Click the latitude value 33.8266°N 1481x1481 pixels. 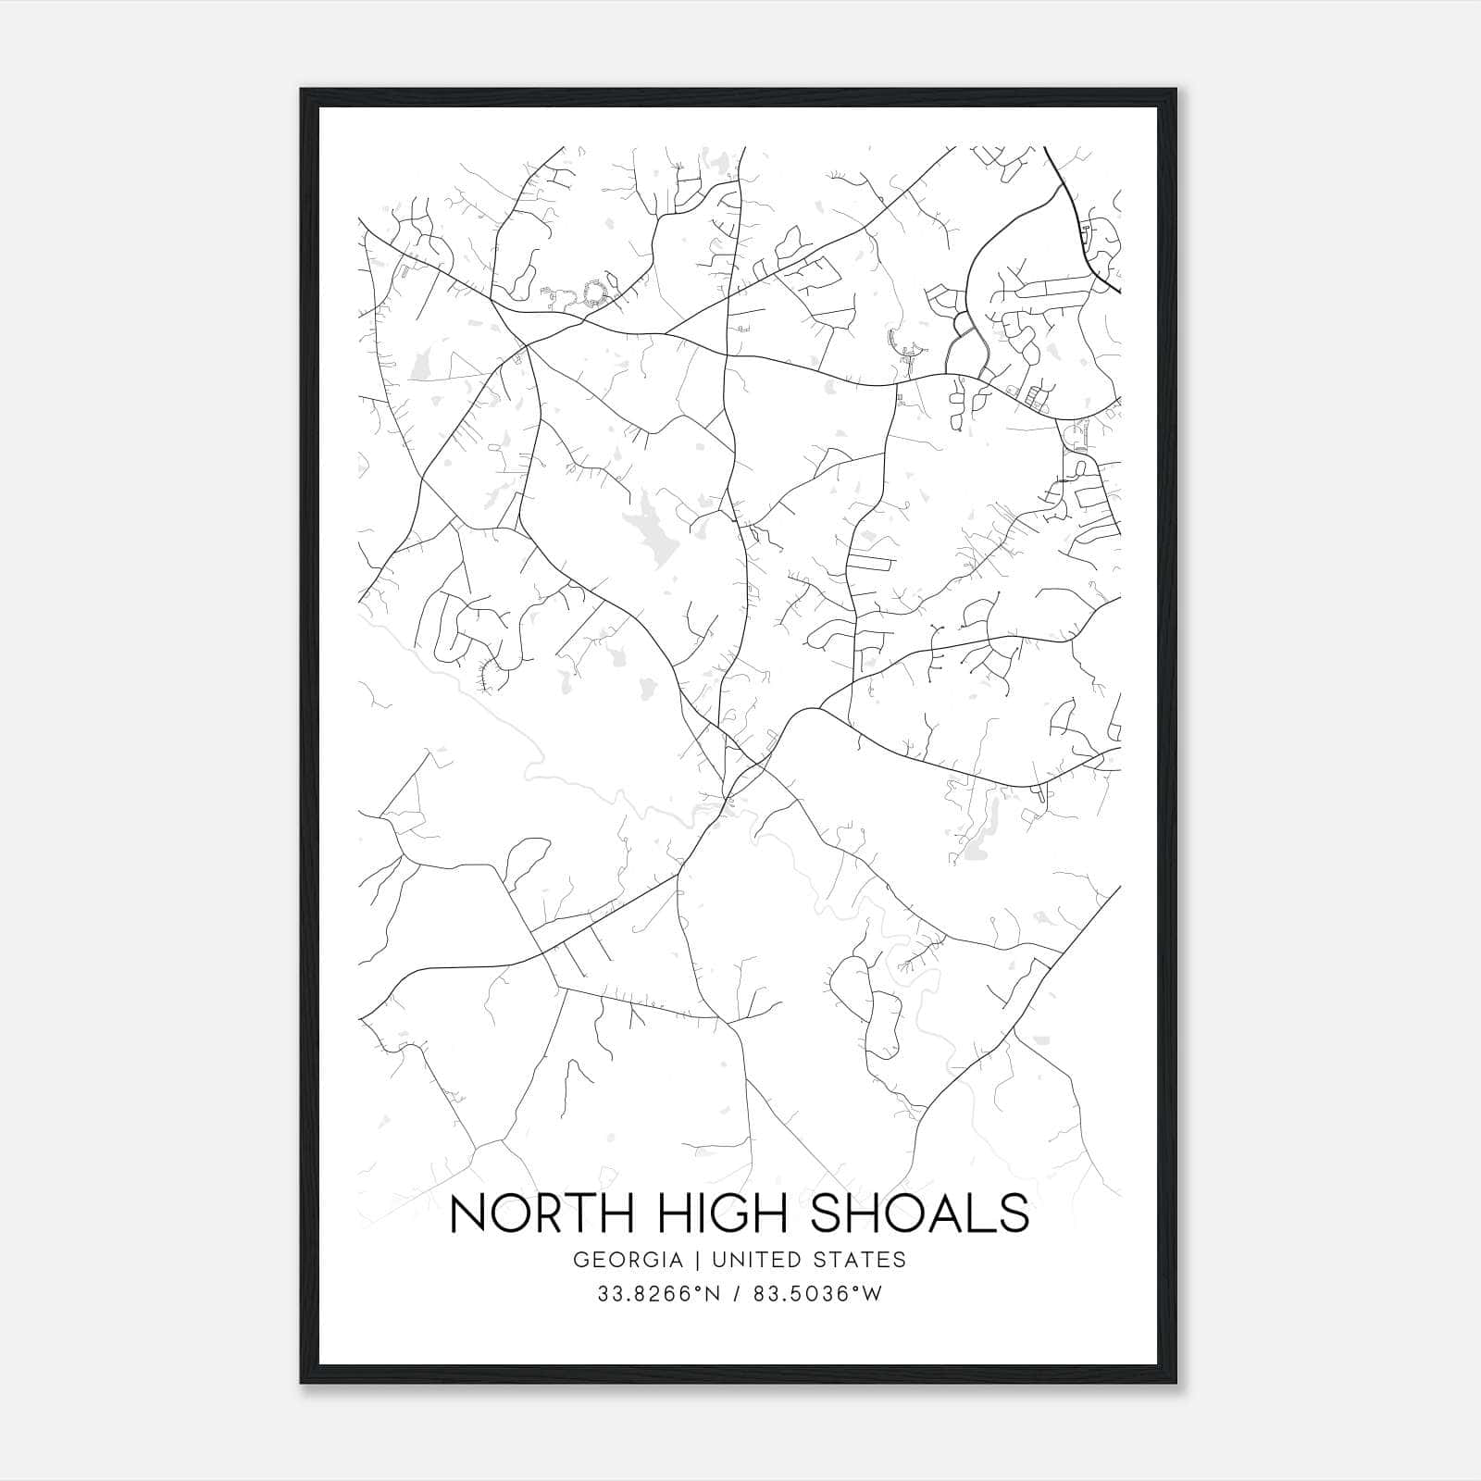pos(658,1294)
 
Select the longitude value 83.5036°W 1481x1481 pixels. pos(817,1294)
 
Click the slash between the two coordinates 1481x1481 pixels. pos(738,1294)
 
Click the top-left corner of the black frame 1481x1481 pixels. pos(302,90)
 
